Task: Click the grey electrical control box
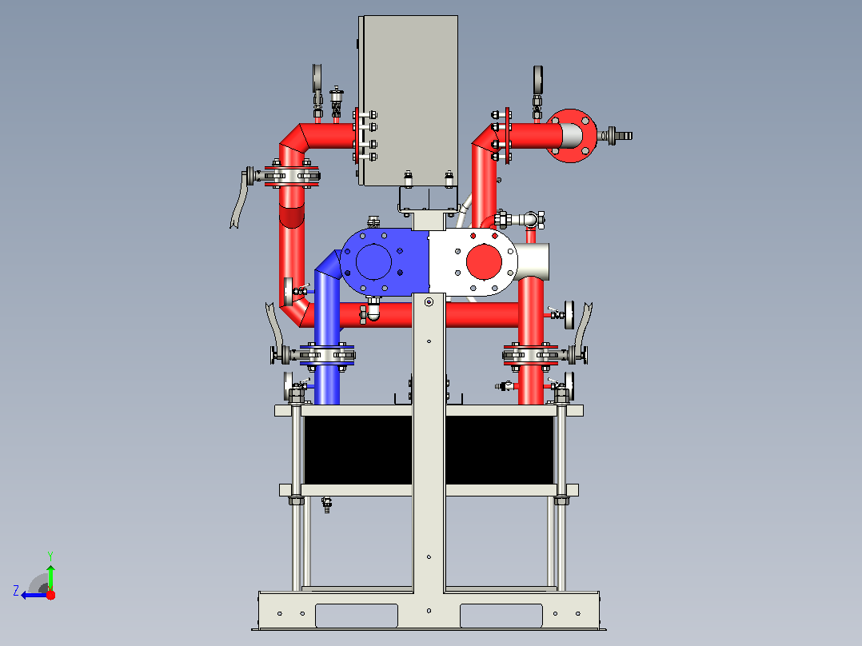coord(409,101)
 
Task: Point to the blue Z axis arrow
coord(34,596)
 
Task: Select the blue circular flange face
coord(373,261)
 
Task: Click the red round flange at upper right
coord(572,136)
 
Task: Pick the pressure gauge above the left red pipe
coord(317,78)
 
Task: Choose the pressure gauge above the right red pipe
coord(537,80)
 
